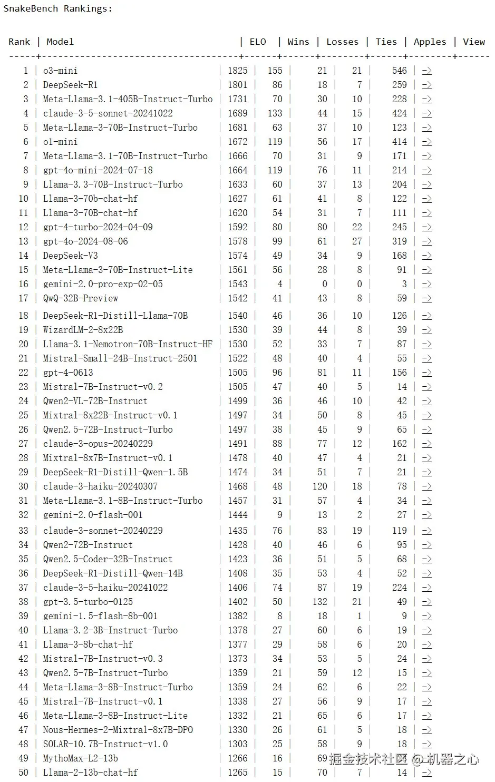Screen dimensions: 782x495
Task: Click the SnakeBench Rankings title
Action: (58, 8)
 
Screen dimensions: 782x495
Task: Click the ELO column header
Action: (258, 42)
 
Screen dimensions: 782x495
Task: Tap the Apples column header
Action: (430, 42)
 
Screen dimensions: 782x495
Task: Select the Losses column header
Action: (342, 42)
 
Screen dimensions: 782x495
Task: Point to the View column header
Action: (473, 42)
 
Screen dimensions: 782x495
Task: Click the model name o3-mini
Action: (60, 71)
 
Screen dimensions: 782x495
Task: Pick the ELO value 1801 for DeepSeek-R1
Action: (237, 85)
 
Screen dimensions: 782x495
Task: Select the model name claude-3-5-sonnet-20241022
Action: (108, 113)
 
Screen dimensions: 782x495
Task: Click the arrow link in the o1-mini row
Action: (426, 142)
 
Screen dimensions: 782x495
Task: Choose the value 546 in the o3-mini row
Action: (399, 71)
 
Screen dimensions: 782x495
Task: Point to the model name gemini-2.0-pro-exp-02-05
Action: (103, 284)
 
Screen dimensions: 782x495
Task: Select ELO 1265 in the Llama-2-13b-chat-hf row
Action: (237, 773)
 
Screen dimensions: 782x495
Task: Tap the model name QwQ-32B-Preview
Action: (81, 298)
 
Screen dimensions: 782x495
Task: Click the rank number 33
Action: (23, 531)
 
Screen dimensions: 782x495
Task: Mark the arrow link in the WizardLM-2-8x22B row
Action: (426, 330)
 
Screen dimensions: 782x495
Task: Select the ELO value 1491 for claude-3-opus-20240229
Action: (237, 444)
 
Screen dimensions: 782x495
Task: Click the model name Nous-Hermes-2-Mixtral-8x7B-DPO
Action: (118, 730)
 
